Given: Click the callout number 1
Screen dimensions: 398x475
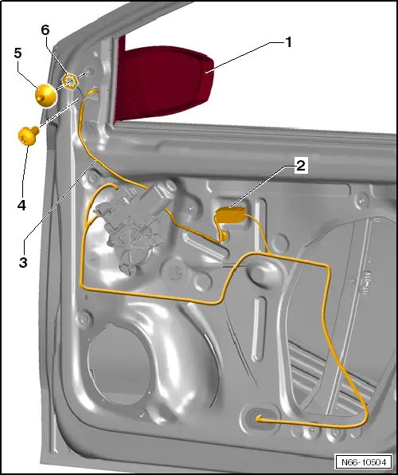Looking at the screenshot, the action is [x=289, y=42].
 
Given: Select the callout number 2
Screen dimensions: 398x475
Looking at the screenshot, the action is [x=301, y=166].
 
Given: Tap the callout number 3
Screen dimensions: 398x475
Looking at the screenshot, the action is [x=23, y=262].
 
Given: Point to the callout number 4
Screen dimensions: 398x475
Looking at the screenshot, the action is [x=21, y=206].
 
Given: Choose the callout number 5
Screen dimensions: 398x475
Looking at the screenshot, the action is [x=18, y=53].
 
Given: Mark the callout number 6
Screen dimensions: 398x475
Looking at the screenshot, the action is [x=45, y=30].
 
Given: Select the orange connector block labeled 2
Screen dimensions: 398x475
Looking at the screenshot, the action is [x=231, y=214].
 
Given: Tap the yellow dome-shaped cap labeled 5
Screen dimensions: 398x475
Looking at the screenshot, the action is [x=45, y=95].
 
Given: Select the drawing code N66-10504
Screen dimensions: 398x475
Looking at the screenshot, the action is [x=364, y=462].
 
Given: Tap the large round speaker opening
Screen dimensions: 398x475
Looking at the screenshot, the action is [x=119, y=363].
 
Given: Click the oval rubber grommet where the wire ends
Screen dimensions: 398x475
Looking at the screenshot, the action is [x=260, y=419].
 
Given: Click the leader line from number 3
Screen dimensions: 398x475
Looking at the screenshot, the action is [x=60, y=201].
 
